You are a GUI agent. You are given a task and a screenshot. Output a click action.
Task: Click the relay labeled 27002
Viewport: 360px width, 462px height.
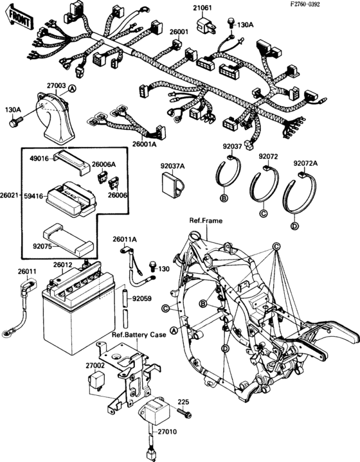click(94, 380)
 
